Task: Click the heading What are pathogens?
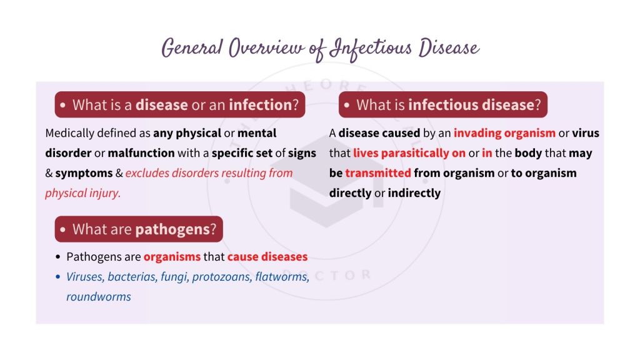(139, 229)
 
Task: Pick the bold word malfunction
(141, 153)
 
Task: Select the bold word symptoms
(84, 173)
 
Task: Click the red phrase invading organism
(504, 133)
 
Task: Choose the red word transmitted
(377, 173)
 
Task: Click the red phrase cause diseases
(267, 257)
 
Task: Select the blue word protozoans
(222, 277)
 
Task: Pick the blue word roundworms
(99, 297)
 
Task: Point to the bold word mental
(257, 133)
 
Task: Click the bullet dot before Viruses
(58, 277)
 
